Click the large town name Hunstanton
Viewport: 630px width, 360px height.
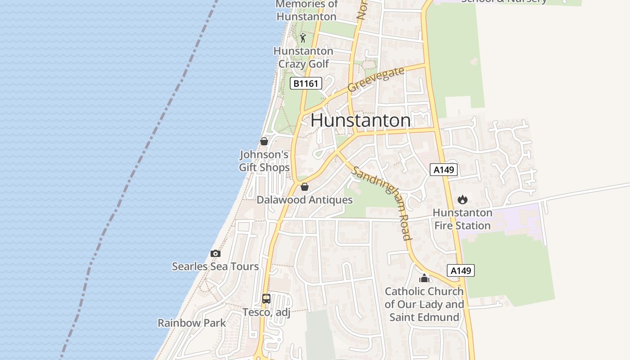[360, 121]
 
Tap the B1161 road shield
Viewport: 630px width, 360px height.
[306, 83]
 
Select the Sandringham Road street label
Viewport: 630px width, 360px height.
[382, 202]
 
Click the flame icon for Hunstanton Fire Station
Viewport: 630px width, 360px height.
[463, 199]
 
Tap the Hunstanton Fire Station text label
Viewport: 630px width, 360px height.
[463, 219]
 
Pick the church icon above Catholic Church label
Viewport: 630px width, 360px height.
[424, 278]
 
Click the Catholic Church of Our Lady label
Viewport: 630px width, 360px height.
[424, 304]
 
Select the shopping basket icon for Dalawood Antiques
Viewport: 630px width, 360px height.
[305, 187]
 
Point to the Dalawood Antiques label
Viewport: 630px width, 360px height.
[305, 200]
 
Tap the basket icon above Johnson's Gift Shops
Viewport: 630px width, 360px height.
[264, 141]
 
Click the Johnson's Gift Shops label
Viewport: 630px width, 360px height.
[264, 161]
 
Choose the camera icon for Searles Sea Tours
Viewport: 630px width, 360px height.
[216, 253]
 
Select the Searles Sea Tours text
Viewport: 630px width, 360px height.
[216, 266]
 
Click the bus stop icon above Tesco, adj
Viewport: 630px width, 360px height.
[266, 298]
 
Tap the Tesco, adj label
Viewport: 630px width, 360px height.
[266, 312]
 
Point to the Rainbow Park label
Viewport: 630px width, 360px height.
[192, 323]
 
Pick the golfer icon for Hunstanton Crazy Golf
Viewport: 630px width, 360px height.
[303, 37]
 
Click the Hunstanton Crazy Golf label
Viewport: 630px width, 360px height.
[303, 57]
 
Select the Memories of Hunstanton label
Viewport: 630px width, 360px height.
[306, 10]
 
